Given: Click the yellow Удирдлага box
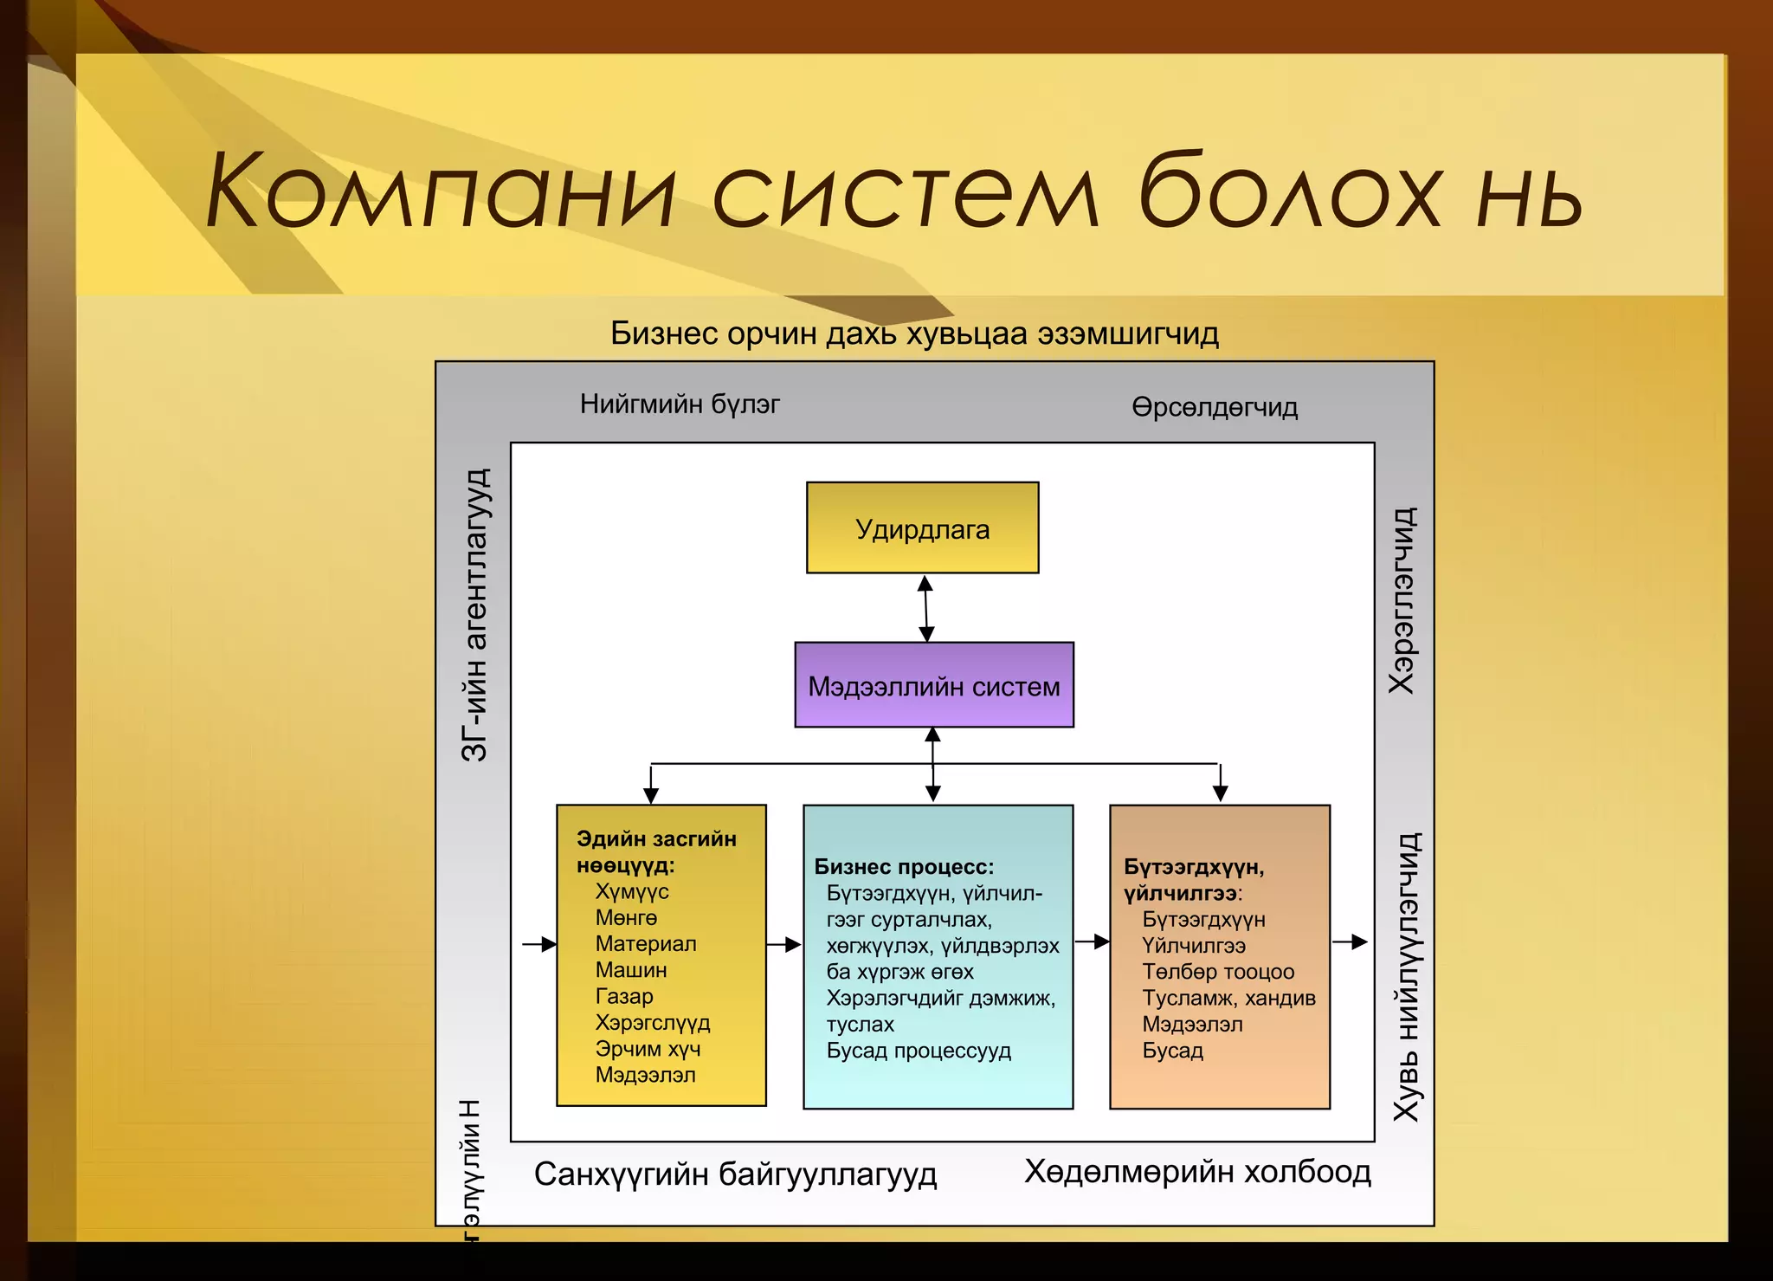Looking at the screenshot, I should [x=922, y=527].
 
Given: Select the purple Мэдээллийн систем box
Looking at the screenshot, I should [x=933, y=685].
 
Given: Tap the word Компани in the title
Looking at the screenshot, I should [x=440, y=191].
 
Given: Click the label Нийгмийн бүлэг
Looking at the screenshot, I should [x=680, y=404].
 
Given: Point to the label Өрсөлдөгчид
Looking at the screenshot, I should [x=1215, y=407].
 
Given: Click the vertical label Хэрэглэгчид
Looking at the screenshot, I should [x=1402, y=600].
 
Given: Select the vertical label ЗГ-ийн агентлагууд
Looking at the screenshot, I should [x=474, y=615].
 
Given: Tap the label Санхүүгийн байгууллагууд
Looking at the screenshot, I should [x=735, y=1174].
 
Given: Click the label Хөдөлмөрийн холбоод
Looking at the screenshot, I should [x=1197, y=1171].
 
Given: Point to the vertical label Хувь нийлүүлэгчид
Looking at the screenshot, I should [x=1406, y=977].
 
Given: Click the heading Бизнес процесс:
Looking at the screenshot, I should [x=904, y=866].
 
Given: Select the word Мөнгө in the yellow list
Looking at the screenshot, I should [x=626, y=917].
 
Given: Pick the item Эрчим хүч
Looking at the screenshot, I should [x=648, y=1049].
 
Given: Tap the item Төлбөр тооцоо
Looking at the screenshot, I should [x=1217, y=972].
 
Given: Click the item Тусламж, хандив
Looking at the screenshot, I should [x=1228, y=998].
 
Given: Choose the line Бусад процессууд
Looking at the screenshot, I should [x=918, y=1051].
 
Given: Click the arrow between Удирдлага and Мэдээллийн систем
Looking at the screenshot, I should [x=925, y=608].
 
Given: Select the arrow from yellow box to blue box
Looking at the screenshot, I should [x=784, y=944].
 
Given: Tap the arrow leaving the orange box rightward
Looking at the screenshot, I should [x=1350, y=942].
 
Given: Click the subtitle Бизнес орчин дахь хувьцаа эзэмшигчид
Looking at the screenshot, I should [x=914, y=333].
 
